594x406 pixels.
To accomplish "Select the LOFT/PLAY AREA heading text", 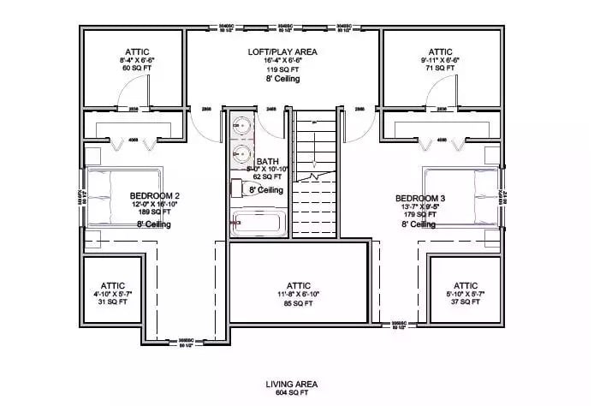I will tap(283, 52).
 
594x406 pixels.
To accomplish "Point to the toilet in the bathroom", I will tap(237, 190).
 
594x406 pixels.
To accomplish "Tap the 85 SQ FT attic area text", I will tap(300, 302).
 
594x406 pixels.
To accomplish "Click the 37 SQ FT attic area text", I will tap(466, 302).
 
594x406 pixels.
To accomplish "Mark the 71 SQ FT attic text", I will tap(440, 69).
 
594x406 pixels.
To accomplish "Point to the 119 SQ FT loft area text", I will tap(283, 70).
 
